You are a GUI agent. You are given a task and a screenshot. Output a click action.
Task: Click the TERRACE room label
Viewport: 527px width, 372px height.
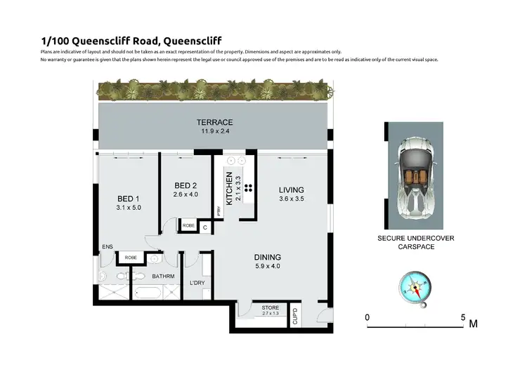click(214, 122)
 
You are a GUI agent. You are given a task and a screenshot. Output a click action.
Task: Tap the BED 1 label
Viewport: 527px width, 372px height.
click(129, 198)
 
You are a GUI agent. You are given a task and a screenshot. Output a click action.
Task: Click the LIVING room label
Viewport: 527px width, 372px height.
click(291, 190)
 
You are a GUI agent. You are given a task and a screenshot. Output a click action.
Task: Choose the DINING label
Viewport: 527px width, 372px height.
click(268, 257)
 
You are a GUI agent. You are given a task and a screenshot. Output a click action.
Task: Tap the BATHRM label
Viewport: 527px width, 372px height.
click(163, 277)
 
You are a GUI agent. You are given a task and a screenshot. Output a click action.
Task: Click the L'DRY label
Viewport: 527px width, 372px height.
click(197, 283)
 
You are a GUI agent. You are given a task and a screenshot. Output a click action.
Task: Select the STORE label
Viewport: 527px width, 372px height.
click(270, 307)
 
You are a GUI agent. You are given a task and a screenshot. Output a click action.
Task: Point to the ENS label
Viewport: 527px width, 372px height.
click(107, 247)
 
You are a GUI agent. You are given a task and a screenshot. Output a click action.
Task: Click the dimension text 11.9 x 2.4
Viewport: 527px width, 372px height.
click(214, 132)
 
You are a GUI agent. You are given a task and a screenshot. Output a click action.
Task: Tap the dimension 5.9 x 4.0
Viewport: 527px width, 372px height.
click(268, 267)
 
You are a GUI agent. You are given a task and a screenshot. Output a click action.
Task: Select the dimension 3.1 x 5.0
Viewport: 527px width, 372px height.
click(129, 208)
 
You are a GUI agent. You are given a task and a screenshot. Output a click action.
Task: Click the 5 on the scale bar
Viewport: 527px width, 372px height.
click(462, 317)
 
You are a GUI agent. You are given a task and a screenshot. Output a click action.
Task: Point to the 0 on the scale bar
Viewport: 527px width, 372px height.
click(367, 317)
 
